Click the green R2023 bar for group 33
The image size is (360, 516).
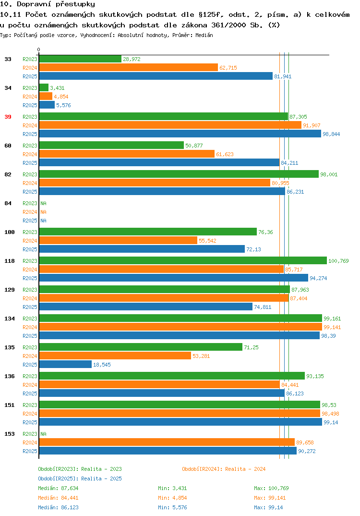click(x=80, y=59)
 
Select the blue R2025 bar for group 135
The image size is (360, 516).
click(x=65, y=364)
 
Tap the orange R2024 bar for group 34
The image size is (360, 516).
click(x=46, y=97)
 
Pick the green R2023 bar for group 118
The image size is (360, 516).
click(x=183, y=260)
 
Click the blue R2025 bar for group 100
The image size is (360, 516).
click(x=142, y=249)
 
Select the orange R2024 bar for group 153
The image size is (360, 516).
click(x=167, y=442)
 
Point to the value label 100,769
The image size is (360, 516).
click(x=338, y=261)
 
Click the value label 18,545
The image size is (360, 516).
click(x=102, y=365)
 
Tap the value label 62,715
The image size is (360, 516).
click(x=228, y=68)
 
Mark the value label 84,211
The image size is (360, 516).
click(x=289, y=163)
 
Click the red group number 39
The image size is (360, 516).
click(x=8, y=117)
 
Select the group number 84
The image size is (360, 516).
click(x=8, y=203)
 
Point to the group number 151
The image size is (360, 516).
click(x=10, y=405)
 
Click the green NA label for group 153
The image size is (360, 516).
click(x=43, y=434)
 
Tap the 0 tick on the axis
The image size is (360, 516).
click(x=39, y=49)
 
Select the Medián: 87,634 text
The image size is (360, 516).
click(x=58, y=488)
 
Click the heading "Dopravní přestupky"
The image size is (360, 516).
click(x=56, y=4)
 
